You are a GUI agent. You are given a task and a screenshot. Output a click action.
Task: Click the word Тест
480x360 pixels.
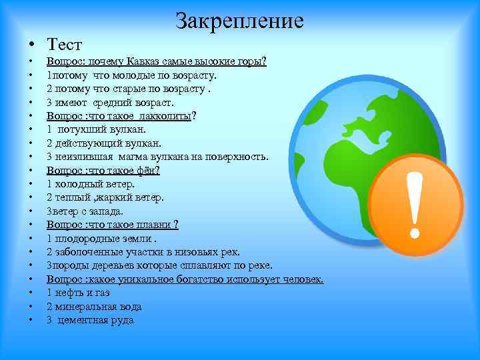[x=64, y=45]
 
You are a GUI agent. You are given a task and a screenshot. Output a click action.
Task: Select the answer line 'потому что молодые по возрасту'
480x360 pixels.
[x=131, y=75]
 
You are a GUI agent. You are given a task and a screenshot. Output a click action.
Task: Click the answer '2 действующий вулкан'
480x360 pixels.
[x=104, y=143]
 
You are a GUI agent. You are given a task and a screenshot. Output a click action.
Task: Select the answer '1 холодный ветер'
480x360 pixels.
[x=91, y=184]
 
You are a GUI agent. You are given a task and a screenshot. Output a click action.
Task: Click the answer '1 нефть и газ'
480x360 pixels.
[x=78, y=293]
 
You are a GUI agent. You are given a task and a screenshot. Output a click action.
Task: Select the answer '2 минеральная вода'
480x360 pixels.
[x=94, y=307]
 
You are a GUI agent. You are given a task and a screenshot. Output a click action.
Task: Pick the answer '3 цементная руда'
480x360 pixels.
[x=90, y=320]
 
